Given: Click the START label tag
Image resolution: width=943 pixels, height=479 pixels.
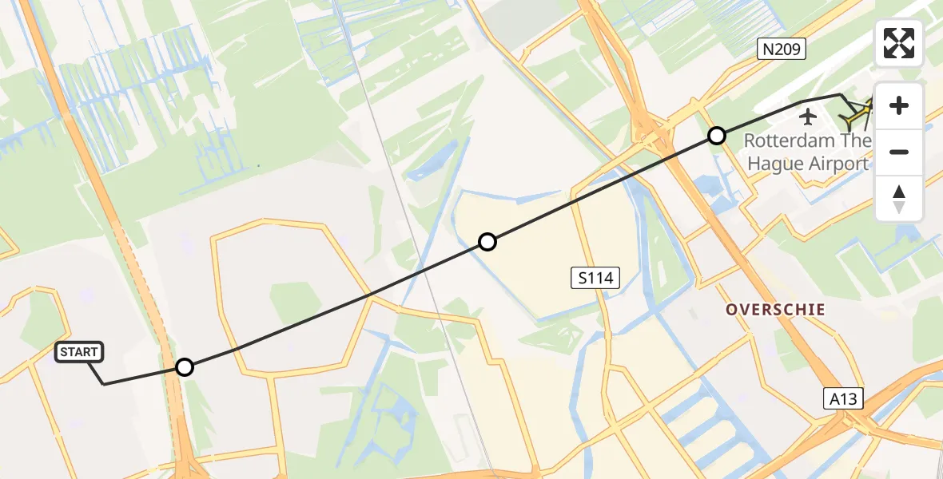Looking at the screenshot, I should click(x=79, y=352).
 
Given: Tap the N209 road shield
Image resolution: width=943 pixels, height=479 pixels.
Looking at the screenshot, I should click(x=781, y=50).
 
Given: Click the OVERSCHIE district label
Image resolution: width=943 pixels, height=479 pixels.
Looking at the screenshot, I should click(x=775, y=309).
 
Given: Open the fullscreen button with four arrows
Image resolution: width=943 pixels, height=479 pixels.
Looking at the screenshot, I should click(x=899, y=43).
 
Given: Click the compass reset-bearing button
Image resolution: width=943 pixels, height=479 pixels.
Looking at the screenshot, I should click(x=899, y=198).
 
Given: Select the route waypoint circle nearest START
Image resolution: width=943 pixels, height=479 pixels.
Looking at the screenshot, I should click(x=185, y=367).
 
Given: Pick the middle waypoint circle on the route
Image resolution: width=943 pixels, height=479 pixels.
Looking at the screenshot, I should click(x=487, y=242).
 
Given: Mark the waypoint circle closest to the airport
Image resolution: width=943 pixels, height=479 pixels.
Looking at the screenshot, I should click(x=717, y=136).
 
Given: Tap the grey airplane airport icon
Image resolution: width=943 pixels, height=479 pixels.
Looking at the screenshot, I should click(x=809, y=117).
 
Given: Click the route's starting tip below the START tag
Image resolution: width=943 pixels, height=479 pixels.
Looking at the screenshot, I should click(x=104, y=384).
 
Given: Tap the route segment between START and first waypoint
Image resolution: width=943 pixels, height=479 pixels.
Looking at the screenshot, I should click(x=144, y=376).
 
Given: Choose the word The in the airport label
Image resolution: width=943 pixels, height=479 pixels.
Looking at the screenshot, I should click(x=857, y=141).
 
